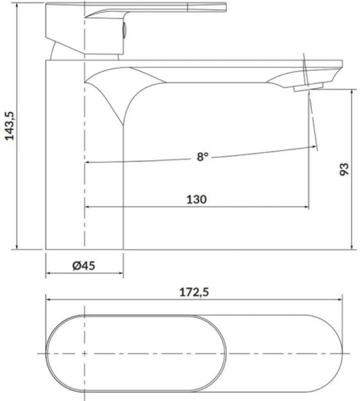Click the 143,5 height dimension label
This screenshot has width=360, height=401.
pyautogui.click(x=10, y=126)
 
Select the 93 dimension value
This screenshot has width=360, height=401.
pyautogui.click(x=344, y=169)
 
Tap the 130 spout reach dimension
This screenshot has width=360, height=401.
pyautogui.click(x=196, y=199)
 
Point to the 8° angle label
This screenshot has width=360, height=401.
pyautogui.click(x=203, y=157)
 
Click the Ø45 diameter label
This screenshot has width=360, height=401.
pyautogui.click(x=84, y=265)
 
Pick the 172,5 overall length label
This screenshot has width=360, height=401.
pyautogui.click(x=194, y=292)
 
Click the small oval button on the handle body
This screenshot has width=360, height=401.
pyautogui.click(x=125, y=29)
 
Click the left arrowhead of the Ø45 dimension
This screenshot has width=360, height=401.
pyautogui.click(x=48, y=273)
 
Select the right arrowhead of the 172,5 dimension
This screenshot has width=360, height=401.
pyautogui.click(x=340, y=299)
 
